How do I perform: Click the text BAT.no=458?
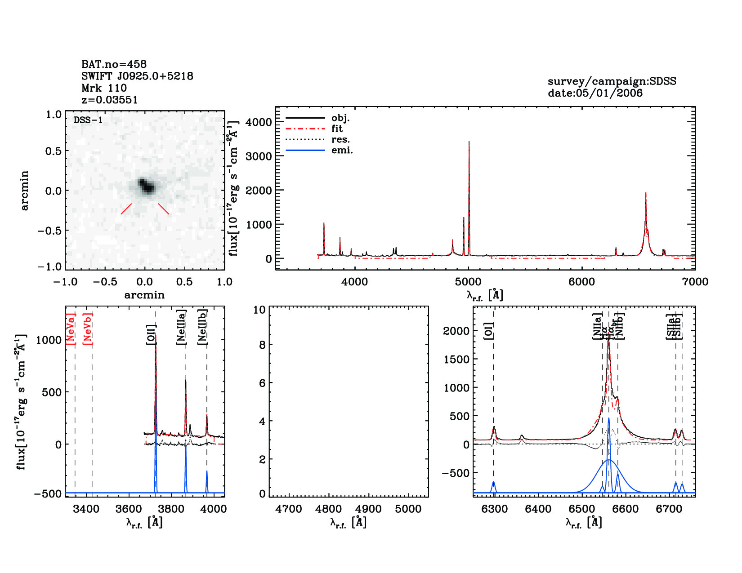point(114,64)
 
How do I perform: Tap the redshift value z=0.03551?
point(109,100)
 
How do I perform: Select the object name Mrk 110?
point(104,88)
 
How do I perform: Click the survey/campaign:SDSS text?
point(612,81)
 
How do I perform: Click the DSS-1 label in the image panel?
point(88,120)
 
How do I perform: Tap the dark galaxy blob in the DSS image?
point(146,186)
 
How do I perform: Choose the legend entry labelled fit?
point(337,129)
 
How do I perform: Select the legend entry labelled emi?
point(342,151)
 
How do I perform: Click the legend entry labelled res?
point(340,140)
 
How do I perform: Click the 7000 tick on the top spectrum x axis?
point(695,282)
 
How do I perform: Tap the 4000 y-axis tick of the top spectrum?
point(259,122)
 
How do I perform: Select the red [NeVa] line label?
point(71,329)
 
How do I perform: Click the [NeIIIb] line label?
point(203,327)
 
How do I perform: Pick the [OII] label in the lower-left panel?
point(151,334)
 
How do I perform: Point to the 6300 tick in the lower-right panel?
point(495,509)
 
